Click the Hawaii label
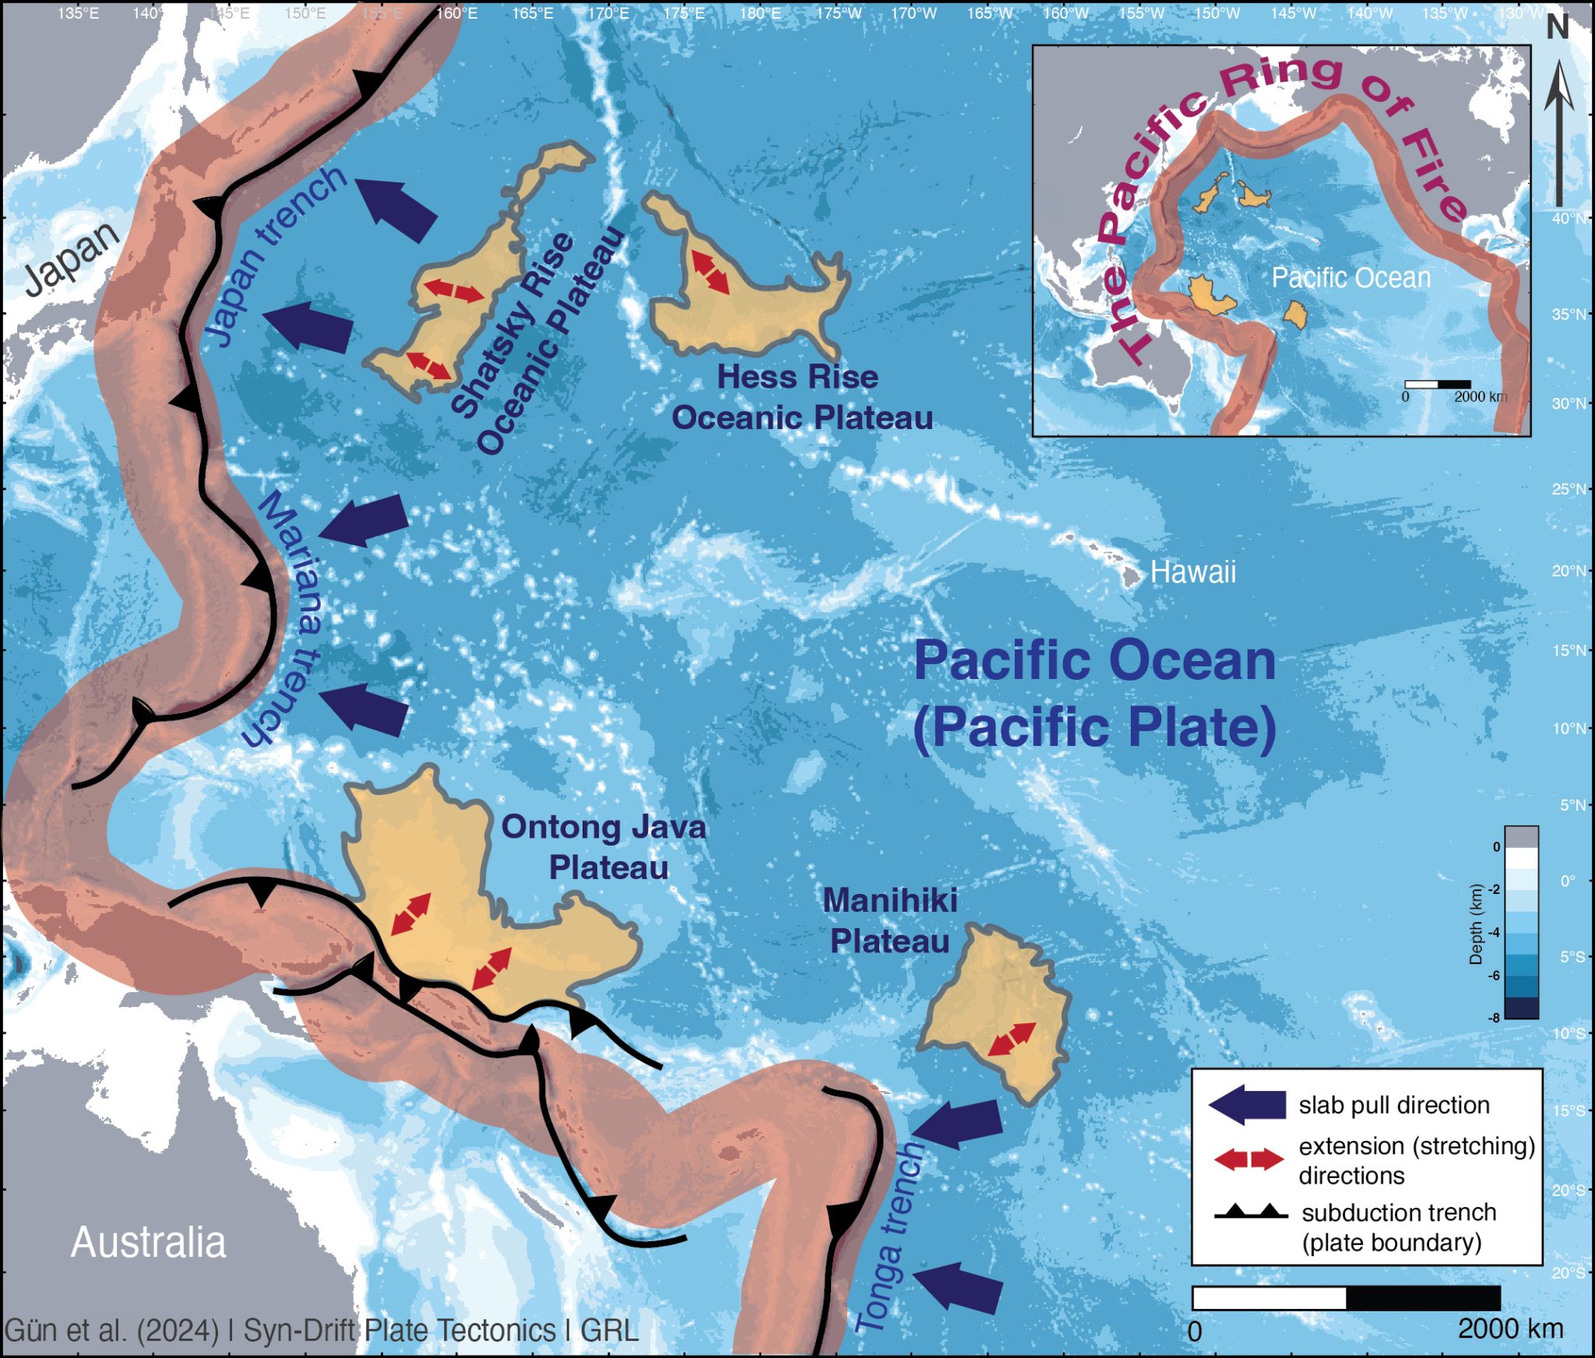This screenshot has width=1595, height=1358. pos(1192,572)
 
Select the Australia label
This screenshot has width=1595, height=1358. pos(148,1242)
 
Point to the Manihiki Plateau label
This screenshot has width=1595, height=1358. pos(889,921)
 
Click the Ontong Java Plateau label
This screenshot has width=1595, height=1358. pos(604,847)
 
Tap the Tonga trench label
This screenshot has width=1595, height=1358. pos(889,1238)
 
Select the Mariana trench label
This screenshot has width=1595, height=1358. pos(287,619)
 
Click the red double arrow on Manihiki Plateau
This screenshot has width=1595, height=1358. pos(1012,1040)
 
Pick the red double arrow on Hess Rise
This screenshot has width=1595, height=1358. pos(711,272)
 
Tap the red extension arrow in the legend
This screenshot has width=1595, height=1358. pos(1248,1159)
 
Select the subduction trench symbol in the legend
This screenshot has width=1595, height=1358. pos(1250,1212)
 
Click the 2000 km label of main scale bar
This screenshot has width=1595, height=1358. pos(1510,1329)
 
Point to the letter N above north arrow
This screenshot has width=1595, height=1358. pos(1557,29)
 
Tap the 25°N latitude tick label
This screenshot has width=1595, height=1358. pos(1569,489)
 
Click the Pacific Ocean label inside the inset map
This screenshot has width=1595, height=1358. pos(1350,278)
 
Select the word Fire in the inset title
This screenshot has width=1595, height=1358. pos(1435,175)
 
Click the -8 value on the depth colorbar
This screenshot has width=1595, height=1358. pos(1495,1018)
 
